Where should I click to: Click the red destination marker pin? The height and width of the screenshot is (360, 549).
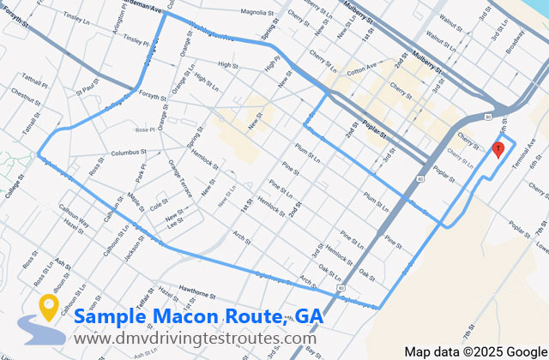point(498,149)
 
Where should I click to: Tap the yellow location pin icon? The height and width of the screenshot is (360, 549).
point(48,308)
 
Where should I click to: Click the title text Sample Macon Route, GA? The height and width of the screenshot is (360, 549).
point(198,316)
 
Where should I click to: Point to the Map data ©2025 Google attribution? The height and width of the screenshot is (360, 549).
point(475,351)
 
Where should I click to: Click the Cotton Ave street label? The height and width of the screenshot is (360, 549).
point(360,67)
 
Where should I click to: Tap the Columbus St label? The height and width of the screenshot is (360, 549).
point(129,154)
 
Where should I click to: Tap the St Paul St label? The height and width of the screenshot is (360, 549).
point(88,86)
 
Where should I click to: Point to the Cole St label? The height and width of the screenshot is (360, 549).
point(160,206)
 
